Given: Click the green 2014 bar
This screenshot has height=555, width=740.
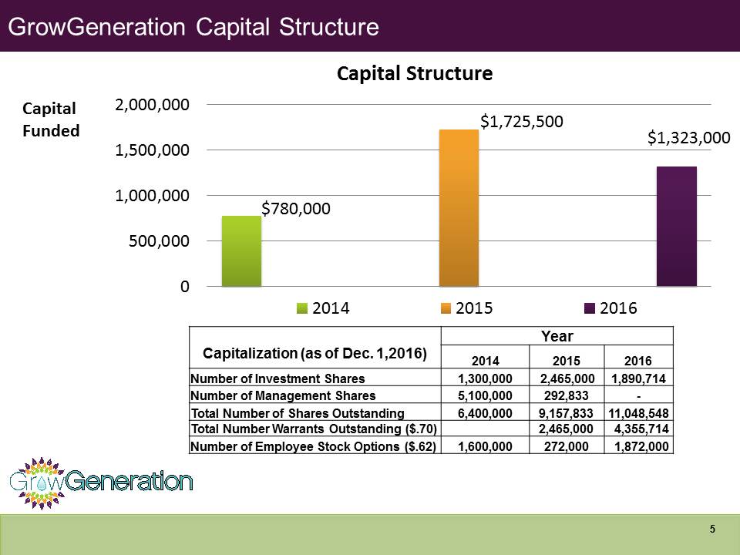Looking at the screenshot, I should (x=241, y=251).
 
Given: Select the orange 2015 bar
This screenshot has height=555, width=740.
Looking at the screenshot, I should (x=459, y=208).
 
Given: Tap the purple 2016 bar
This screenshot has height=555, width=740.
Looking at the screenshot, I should (x=676, y=227).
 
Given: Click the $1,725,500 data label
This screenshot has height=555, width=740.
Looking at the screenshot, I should (x=522, y=122).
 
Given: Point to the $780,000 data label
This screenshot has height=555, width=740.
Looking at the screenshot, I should (x=297, y=208).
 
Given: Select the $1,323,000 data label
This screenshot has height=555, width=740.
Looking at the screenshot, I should (x=688, y=138).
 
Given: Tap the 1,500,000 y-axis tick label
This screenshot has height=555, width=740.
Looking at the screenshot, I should (x=153, y=150).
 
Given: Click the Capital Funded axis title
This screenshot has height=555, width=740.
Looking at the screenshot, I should (x=50, y=119).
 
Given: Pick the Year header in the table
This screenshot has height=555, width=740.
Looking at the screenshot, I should (x=557, y=335).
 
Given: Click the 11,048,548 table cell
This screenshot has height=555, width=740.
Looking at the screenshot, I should (x=639, y=413).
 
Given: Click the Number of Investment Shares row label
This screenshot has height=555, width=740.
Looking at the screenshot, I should (x=277, y=378).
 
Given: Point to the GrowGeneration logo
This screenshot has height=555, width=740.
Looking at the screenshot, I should (x=101, y=483).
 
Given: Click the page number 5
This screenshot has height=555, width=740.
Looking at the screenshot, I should (x=712, y=529).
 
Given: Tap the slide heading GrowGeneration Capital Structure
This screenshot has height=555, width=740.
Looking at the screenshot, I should (x=193, y=27).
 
